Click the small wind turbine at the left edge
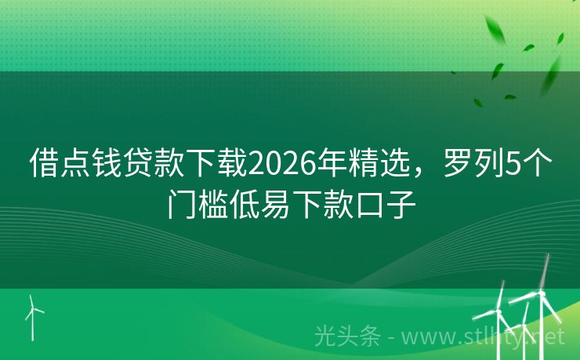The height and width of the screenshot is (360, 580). (x=32, y=315)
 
